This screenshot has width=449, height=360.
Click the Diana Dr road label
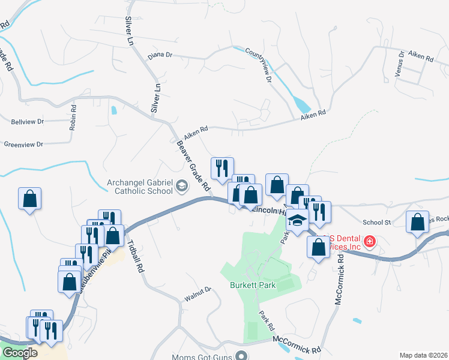160,55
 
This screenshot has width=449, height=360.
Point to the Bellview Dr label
28,121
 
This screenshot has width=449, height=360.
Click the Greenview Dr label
24,145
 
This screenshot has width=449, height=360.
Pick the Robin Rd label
73,118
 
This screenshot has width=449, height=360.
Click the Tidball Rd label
136,257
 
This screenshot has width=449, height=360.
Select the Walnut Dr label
199,292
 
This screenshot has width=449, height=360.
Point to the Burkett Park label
253,285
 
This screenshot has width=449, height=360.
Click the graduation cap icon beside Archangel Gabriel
181,188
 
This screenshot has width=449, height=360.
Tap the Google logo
20,353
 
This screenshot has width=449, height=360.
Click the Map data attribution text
424,355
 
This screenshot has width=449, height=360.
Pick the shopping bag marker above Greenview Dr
30,199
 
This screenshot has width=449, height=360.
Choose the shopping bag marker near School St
417,222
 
